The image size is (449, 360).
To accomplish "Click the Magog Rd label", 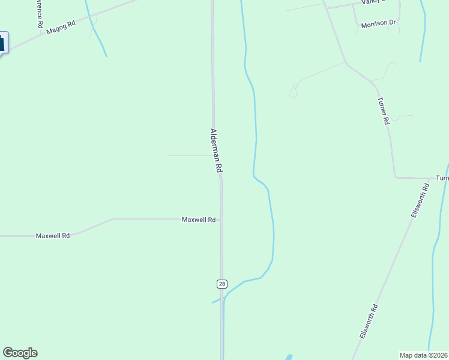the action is [61, 28].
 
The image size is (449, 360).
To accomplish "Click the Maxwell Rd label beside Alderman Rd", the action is [199, 220].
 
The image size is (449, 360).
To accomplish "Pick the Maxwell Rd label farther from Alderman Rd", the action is [53, 236].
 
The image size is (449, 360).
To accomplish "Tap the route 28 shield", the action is [222, 283].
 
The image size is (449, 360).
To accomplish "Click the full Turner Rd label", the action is [384, 111].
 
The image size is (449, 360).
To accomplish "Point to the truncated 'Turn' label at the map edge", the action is [442, 178].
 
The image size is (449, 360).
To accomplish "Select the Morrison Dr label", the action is [379, 23].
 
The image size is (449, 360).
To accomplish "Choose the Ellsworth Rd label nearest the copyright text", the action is [369, 322].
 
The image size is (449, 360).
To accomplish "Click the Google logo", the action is [20, 353].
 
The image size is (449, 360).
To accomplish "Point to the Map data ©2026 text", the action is [424, 355].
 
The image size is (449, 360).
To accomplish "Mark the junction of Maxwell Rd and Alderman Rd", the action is [221, 220].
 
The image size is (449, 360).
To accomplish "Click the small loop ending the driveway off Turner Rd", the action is [293, 92].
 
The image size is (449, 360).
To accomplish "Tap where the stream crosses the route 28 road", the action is [223, 297].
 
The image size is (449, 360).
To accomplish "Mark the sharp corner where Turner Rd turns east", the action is [396, 178].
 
